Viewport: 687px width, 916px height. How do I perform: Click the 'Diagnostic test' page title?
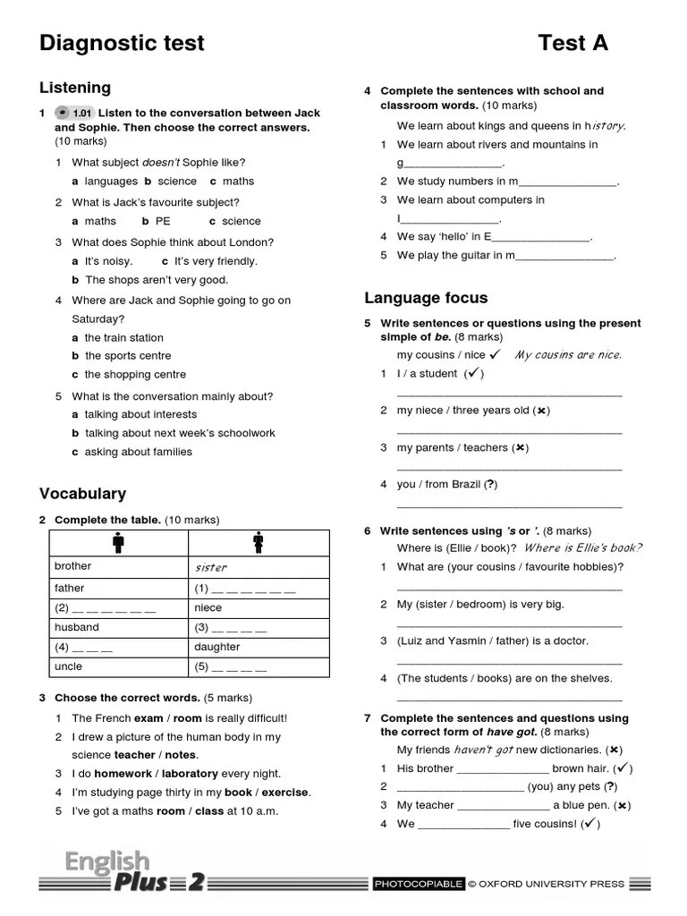[x=122, y=42]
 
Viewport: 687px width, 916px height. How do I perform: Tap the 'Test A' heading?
[x=572, y=42]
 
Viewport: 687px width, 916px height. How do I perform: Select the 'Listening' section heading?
[x=75, y=88]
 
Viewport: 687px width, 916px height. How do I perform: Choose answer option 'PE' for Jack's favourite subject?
[x=162, y=221]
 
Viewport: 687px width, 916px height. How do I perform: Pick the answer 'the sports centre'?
[x=127, y=356]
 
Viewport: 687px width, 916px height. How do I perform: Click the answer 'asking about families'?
[x=138, y=452]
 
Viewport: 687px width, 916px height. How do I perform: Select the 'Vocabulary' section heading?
[x=82, y=494]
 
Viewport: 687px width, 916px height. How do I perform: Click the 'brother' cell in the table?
[x=72, y=566]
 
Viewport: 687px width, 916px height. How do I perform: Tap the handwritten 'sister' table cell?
[x=211, y=567]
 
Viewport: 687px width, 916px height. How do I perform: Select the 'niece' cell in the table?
[x=208, y=607]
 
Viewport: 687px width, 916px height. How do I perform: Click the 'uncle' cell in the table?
[x=68, y=666]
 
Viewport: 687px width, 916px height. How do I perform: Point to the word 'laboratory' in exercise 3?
[x=190, y=774]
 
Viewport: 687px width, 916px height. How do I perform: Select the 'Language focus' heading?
[x=426, y=298]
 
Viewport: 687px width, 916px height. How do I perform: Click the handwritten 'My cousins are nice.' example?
[x=568, y=355]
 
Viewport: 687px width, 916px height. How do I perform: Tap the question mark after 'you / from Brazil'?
[x=490, y=485]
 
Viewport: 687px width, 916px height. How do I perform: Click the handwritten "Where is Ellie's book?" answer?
[x=582, y=548]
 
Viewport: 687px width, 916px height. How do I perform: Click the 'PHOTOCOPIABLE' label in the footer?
[x=419, y=884]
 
